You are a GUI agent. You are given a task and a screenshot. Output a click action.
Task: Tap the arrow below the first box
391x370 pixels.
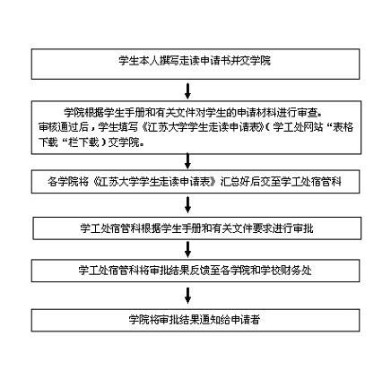pos(187,90)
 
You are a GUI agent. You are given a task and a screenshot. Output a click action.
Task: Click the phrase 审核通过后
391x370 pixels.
pos(64,127)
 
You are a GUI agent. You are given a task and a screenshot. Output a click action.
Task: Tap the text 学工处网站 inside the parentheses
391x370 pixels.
pos(298,127)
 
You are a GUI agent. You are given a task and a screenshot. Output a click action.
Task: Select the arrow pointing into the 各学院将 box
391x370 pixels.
pos(187,161)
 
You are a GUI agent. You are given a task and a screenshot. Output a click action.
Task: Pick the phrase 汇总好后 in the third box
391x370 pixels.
pos(240,182)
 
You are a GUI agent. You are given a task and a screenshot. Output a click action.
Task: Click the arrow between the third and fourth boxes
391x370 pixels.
pos(187,204)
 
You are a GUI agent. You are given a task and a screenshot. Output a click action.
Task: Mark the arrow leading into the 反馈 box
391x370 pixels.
pos(187,250)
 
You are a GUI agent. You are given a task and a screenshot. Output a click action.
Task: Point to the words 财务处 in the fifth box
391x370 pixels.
pos(297,271)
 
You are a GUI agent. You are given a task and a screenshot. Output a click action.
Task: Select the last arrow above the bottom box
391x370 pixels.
pos(187,296)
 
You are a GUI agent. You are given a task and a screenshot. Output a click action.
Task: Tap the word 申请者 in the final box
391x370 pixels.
pos(246,320)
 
